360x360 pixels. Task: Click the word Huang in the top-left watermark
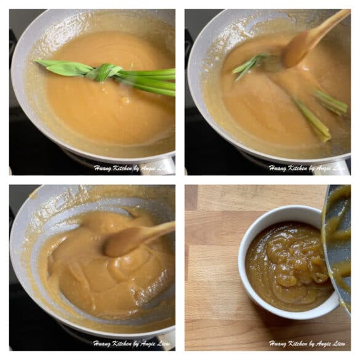point(103,167)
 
